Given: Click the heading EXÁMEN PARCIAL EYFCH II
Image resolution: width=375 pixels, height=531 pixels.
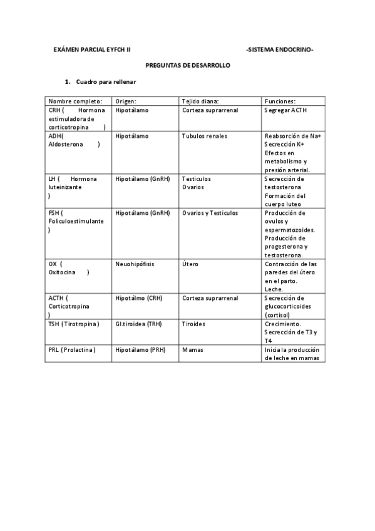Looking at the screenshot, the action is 91,49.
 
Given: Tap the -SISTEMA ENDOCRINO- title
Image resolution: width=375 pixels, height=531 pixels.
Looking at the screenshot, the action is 280,49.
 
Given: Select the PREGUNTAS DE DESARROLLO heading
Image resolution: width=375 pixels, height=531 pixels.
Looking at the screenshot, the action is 188,65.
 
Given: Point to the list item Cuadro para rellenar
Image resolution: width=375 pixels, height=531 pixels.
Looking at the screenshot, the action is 106,82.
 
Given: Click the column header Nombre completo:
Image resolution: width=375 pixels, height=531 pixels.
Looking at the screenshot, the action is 74,101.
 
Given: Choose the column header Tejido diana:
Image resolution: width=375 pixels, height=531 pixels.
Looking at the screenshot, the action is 200,101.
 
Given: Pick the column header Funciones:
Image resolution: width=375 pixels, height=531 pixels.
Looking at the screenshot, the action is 280,101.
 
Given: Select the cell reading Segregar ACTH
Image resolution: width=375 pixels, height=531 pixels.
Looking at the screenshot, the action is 286,110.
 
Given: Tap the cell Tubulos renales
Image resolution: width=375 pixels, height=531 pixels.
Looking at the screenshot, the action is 205,136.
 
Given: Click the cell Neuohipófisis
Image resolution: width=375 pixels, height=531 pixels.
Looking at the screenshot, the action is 135,264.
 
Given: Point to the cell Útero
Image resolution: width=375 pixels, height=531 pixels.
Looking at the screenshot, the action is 190,264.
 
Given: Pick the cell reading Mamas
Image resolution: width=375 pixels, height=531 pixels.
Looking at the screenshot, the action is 194,349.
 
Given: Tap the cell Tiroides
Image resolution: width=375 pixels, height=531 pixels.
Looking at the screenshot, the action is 193,324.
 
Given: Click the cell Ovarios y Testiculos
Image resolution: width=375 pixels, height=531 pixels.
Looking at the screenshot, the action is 210,213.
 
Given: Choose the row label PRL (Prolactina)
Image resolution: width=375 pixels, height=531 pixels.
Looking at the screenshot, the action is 72,349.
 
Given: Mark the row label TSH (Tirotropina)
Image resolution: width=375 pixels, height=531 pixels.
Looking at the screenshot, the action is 73,324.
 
